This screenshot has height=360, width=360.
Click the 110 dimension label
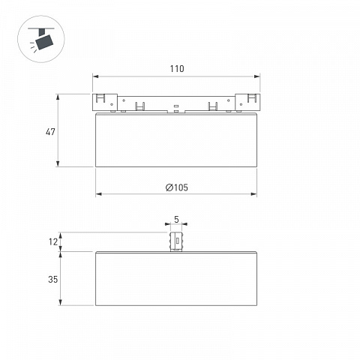coord(177,69)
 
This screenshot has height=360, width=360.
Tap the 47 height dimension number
coord(50,132)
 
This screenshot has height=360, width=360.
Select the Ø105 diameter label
coord(177,187)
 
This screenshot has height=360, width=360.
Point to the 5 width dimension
coord(176,220)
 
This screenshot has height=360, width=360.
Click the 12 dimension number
coord(53,241)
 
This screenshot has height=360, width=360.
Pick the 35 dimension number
coord(53,279)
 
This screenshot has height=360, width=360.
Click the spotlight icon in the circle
coord(41,39)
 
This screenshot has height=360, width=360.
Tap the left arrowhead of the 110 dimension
coord(95,76)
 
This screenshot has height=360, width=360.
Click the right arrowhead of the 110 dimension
coord(257,76)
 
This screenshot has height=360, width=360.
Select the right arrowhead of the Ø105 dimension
coord(253,194)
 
